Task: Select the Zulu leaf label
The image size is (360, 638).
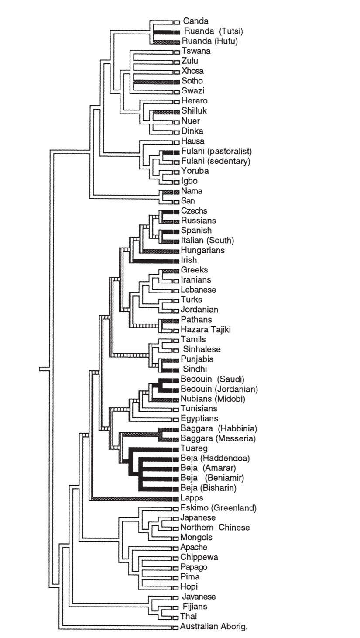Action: pos(189,61)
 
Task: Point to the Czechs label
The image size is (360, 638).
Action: pos(194,211)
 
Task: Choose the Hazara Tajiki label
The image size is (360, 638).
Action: pos(206,330)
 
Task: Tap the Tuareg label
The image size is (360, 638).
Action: pos(194,448)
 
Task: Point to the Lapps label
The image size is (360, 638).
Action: pos(192,498)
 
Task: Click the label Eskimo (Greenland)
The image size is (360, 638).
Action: pos(218,508)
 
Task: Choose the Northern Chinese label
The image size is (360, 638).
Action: pos(215,528)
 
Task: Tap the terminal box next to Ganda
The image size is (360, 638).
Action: pos(177,21)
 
